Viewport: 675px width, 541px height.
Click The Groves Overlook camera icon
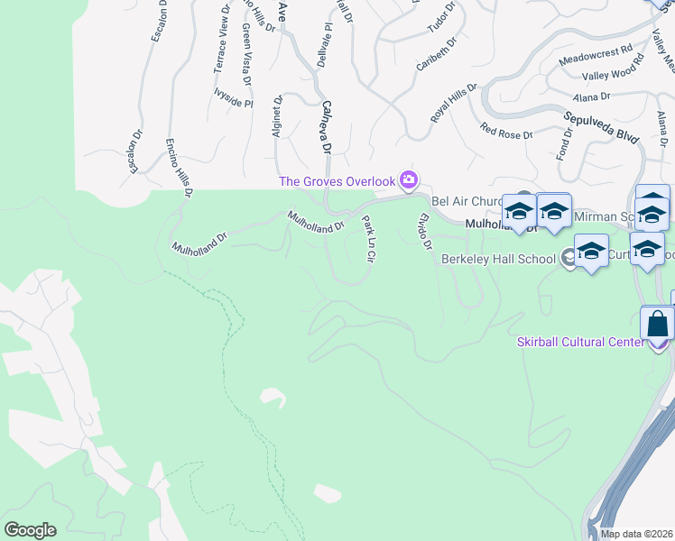coord(410,180)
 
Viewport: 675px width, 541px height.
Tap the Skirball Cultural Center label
coord(580,341)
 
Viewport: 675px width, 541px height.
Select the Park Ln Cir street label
coord(368,238)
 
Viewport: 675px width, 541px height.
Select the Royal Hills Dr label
coord(453,101)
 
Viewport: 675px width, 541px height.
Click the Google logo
coord(30,530)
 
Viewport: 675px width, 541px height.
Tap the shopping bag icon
coord(658,323)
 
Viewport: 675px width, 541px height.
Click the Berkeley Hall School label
coord(497,259)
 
